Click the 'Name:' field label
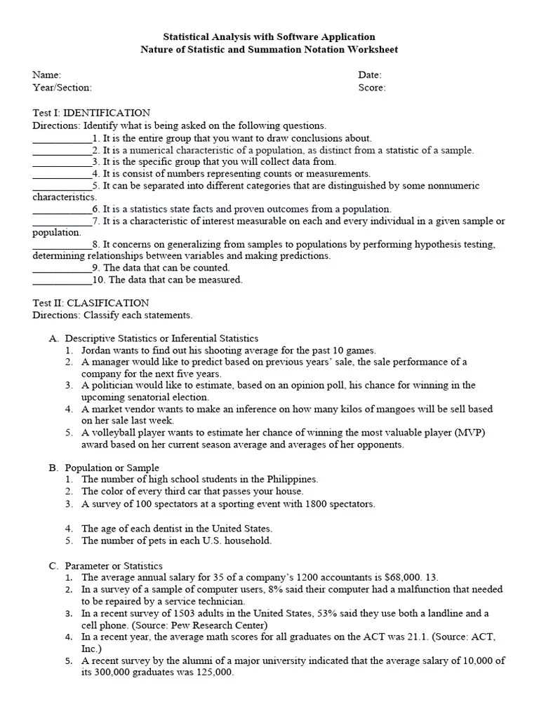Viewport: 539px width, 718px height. pyautogui.click(x=47, y=75)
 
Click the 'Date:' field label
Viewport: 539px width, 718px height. pyautogui.click(x=370, y=75)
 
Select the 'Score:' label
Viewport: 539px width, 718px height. pyautogui.click(x=371, y=88)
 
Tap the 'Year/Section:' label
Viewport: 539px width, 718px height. pyautogui.click(x=62, y=88)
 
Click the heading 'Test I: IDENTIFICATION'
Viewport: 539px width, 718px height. pyautogui.click(x=91, y=113)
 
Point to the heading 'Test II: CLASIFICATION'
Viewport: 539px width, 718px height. pyautogui.click(x=91, y=303)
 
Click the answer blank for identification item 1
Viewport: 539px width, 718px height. pyautogui.click(x=62, y=138)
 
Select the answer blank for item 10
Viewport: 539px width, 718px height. pyautogui.click(x=62, y=280)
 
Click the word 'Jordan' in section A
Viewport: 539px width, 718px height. pyautogui.click(x=96, y=350)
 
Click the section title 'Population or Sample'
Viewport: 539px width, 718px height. pyautogui.click(x=112, y=468)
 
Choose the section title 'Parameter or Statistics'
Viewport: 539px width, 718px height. pyautogui.click(x=114, y=566)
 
